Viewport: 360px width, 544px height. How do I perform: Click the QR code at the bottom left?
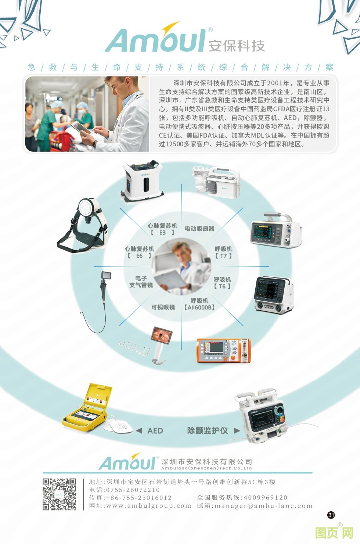click(x=60, y=494)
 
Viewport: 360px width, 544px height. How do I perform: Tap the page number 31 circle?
click(x=331, y=515)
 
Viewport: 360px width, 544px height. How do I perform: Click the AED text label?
click(x=155, y=430)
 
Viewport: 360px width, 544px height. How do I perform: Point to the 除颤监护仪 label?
click(x=208, y=430)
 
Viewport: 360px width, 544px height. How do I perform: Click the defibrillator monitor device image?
click(x=267, y=416)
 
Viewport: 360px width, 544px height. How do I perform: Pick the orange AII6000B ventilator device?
click(x=224, y=351)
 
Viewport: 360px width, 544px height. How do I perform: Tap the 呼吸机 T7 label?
click(x=223, y=252)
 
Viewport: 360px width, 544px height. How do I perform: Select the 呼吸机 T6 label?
click(x=222, y=283)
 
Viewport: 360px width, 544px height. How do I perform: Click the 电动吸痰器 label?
click(x=199, y=229)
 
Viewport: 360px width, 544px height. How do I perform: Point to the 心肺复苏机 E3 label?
click(x=162, y=229)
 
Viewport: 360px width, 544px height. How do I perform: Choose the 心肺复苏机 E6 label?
click(x=139, y=252)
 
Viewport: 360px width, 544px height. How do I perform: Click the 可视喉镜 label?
click(x=163, y=307)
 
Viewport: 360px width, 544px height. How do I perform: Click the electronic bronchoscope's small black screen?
click(x=107, y=276)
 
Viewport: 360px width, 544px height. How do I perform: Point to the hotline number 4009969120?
click(x=265, y=498)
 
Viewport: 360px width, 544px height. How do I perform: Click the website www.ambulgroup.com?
click(x=148, y=506)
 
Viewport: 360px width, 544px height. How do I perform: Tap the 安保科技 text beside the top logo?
click(x=237, y=46)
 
